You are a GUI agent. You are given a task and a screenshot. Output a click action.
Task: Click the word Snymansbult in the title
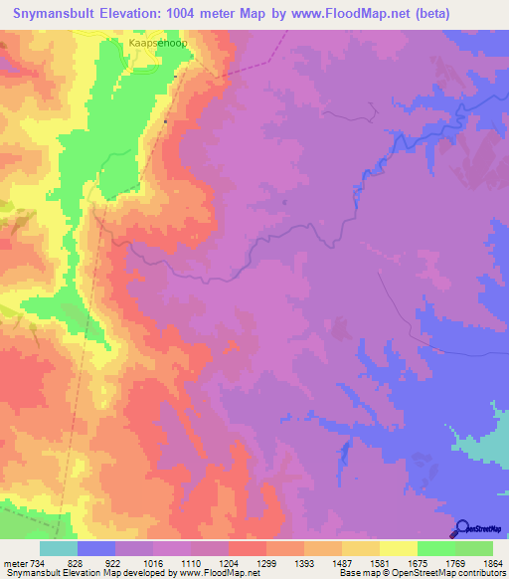coord(57,14)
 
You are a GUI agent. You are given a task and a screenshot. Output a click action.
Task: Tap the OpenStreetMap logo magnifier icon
coord(461,528)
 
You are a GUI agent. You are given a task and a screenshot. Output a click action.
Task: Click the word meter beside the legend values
coord(15,564)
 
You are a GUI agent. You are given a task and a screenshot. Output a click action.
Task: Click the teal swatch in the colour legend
coord(59,548)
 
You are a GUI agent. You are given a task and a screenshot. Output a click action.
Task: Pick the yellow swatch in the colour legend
coord(398,548)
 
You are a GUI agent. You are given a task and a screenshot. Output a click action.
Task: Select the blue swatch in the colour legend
coord(96,548)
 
